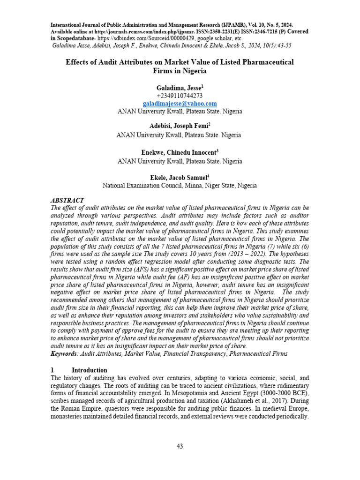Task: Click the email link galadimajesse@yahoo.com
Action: click(180, 103)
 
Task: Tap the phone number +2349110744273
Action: click(180, 95)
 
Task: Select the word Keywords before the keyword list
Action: click(64, 352)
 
